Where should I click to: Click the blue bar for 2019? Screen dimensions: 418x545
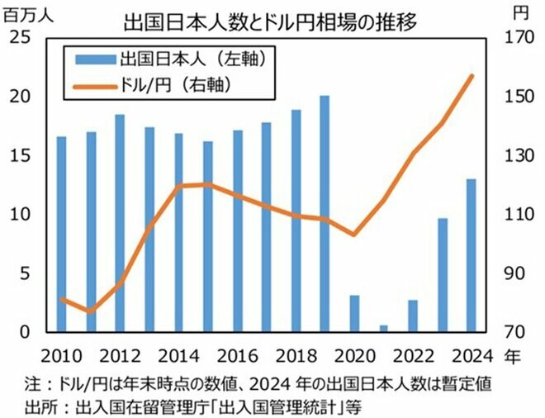tap(325, 214)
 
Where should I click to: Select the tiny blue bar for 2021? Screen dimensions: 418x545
tap(383, 328)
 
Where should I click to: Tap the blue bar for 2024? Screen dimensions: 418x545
tap(471, 255)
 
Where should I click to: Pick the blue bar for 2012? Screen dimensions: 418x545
tap(120, 223)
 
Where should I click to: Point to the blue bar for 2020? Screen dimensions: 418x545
tap(354, 313)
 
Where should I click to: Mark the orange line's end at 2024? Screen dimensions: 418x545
tap(472, 76)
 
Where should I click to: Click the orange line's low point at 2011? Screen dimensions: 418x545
tap(91, 311)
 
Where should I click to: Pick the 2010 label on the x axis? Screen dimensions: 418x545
tap(62, 356)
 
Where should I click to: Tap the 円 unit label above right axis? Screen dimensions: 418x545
tap(519, 13)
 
